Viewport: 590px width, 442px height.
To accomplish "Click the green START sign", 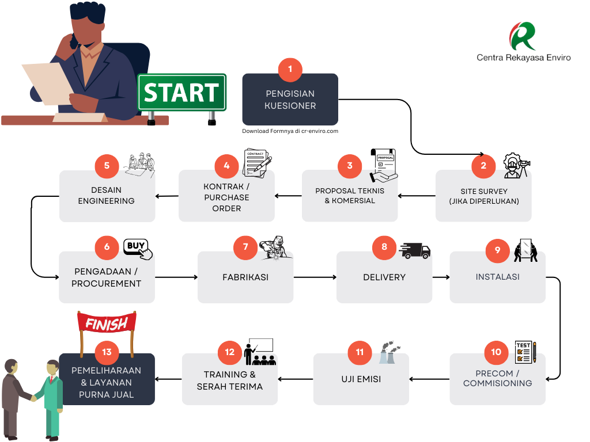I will (x=181, y=92).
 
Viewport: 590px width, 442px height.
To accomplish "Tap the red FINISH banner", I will (x=107, y=324).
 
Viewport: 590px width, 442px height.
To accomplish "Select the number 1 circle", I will (x=290, y=69).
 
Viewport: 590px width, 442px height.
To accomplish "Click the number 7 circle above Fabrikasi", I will (x=245, y=247).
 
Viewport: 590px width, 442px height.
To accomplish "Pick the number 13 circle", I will (x=107, y=352).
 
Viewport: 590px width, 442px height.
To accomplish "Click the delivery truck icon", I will (x=414, y=250).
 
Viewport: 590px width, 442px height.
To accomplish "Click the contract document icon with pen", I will (x=258, y=163).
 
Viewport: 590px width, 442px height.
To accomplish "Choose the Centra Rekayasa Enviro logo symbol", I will (x=522, y=36).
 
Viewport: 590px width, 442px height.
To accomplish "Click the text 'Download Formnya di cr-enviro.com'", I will (x=290, y=131).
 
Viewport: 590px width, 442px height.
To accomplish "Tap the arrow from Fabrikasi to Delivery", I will (x=315, y=277).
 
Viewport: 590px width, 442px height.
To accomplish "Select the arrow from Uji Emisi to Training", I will (x=296, y=379).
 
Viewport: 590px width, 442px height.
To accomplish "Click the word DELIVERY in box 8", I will (x=384, y=277).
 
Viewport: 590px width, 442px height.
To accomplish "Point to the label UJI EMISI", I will (x=361, y=379).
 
